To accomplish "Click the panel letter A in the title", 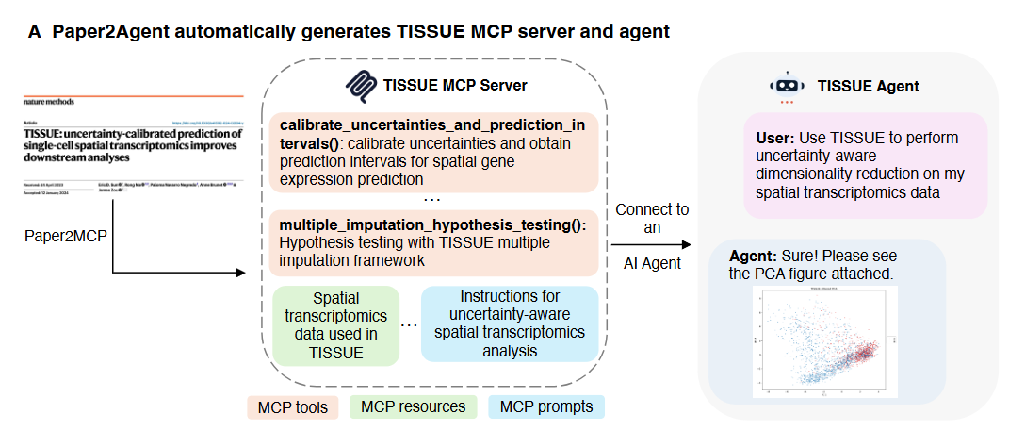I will click(x=35, y=31).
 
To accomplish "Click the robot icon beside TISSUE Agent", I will click(x=787, y=87).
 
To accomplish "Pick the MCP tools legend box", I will click(x=293, y=407).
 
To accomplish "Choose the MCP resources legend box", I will click(x=414, y=407).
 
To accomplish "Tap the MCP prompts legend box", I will click(x=545, y=407).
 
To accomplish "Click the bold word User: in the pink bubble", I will click(x=776, y=138).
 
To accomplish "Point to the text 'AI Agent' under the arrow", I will click(x=651, y=263).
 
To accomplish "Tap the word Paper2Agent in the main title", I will click(x=102, y=31).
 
